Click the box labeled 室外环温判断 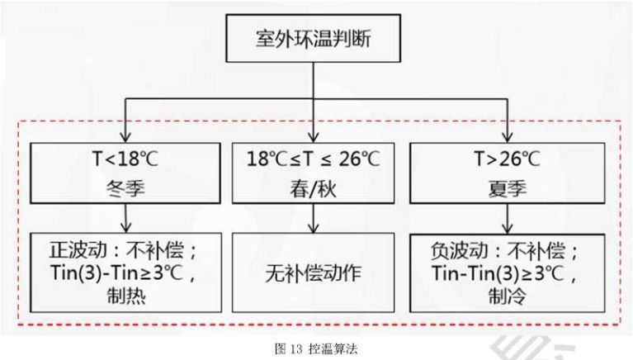click(x=314, y=38)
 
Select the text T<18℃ click(x=125, y=159)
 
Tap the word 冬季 click(x=125, y=188)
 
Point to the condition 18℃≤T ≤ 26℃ click(x=314, y=159)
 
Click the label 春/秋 click(x=313, y=189)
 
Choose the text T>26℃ click(x=507, y=159)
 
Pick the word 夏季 click(x=508, y=188)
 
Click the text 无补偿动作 click(x=314, y=273)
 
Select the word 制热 click(x=126, y=296)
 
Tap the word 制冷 click(x=508, y=296)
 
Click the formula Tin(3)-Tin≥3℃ click(x=117, y=272)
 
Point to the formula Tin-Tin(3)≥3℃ click(x=498, y=272)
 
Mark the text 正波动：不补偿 click(x=117, y=250)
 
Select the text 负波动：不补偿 click(x=498, y=250)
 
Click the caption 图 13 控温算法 click(x=316, y=348)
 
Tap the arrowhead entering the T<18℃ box click(x=125, y=137)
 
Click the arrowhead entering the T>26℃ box click(x=507, y=137)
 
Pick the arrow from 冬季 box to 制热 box click(x=126, y=218)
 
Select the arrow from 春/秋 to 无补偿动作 click(x=314, y=218)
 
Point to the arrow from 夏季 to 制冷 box click(x=508, y=218)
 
